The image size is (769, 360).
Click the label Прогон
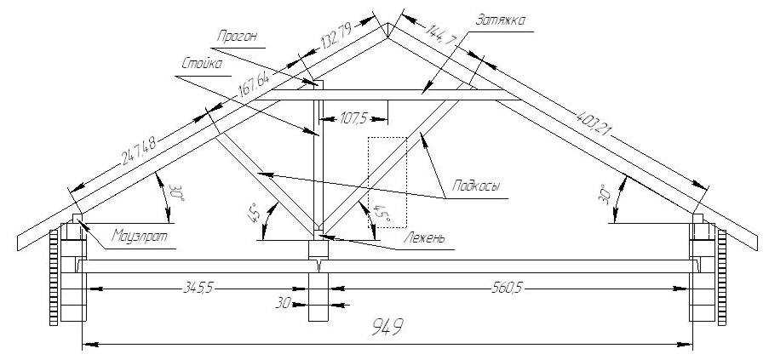(238, 38)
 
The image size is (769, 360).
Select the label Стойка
(202, 64)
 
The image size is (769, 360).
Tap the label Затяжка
(501, 20)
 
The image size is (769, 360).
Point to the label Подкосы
(476, 186)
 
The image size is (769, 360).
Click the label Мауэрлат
(140, 236)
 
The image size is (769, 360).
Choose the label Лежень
(425, 238)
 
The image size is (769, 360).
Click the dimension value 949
(387, 327)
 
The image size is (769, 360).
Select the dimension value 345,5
(198, 289)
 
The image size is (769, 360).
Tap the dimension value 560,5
(507, 289)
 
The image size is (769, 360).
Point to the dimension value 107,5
(353, 118)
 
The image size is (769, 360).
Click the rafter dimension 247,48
(138, 151)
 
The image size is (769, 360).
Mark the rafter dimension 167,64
(255, 83)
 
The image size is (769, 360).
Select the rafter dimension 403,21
(593, 123)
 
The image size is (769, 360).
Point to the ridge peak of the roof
(388, 24)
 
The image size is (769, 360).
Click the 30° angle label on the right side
(604, 194)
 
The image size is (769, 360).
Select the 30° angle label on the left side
(176, 193)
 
